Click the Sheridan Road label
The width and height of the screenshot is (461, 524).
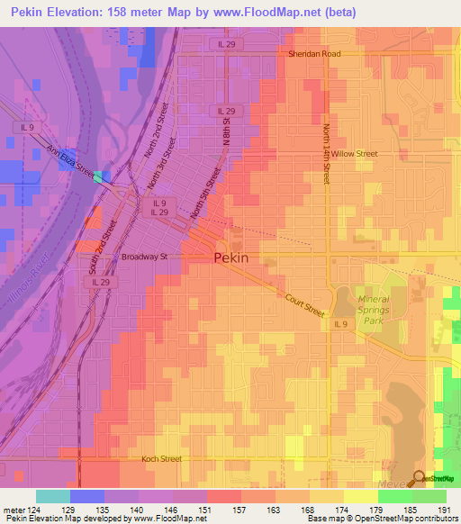coord(315,54)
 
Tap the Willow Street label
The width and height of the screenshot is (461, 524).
coord(354,154)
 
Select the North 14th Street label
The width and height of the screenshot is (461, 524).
coord(326,152)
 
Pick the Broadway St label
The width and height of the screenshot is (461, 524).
coord(145,257)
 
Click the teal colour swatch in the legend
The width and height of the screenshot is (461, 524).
coord(52,496)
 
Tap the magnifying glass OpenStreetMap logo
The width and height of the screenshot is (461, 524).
coord(420,479)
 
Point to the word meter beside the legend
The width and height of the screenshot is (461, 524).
coord(11,510)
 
